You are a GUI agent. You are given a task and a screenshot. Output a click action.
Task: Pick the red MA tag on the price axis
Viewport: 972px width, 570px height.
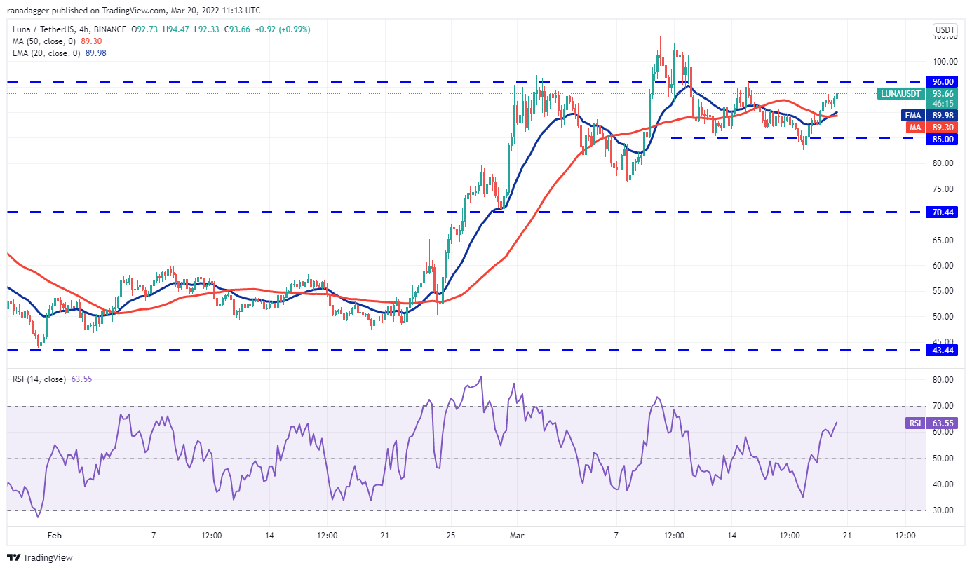pyautogui.click(x=914, y=127)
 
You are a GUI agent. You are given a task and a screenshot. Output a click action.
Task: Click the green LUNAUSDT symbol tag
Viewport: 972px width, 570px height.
pyautogui.click(x=901, y=93)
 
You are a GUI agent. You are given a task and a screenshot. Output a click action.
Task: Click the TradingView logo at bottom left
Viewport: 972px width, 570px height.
pyautogui.click(x=40, y=558)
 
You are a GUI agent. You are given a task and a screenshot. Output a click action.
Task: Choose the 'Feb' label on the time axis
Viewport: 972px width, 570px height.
pyautogui.click(x=54, y=535)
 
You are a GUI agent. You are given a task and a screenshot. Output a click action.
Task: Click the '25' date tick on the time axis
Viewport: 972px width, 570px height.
pyautogui.click(x=451, y=535)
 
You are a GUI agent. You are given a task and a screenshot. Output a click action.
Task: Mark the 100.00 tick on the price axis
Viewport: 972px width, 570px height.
pyautogui.click(x=943, y=60)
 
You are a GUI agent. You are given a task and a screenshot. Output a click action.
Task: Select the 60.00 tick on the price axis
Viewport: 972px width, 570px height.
pyautogui.click(x=942, y=265)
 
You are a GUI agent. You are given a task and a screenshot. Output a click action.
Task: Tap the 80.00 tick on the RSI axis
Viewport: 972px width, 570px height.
pyautogui.click(x=942, y=380)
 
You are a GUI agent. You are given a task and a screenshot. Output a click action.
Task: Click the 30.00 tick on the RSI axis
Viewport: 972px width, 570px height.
pyautogui.click(x=942, y=510)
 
